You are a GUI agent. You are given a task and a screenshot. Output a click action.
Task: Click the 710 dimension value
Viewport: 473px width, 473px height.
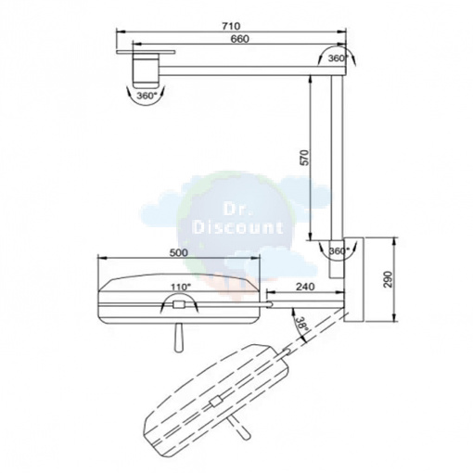point(231,26)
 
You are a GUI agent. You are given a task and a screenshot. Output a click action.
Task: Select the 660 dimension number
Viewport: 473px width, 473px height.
point(239,39)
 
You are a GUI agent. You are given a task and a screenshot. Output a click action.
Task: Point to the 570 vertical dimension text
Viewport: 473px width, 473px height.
point(305,158)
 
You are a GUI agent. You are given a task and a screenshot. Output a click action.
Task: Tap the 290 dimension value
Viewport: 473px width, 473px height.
point(388,279)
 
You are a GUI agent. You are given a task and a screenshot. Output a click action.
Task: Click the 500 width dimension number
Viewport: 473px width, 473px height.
point(179,252)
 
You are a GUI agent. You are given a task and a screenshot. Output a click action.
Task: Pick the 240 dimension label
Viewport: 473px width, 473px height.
point(305,287)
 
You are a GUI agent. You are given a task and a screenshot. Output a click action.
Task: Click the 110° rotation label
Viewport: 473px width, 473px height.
point(181,288)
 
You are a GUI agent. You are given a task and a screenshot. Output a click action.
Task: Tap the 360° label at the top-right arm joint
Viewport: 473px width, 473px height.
point(339,58)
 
